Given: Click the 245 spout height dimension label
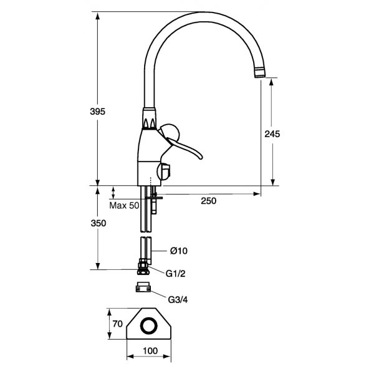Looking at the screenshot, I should pyautogui.click(x=272, y=134).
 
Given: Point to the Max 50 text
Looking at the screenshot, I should pyautogui.click(x=124, y=205).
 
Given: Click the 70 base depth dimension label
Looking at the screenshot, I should pyautogui.click(x=116, y=324).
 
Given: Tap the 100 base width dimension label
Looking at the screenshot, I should pyautogui.click(x=150, y=350).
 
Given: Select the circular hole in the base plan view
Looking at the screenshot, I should pyautogui.click(x=150, y=326).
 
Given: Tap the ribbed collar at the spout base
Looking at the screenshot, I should pyautogui.click(x=149, y=122).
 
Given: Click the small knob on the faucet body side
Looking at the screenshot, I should pyautogui.click(x=166, y=170).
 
